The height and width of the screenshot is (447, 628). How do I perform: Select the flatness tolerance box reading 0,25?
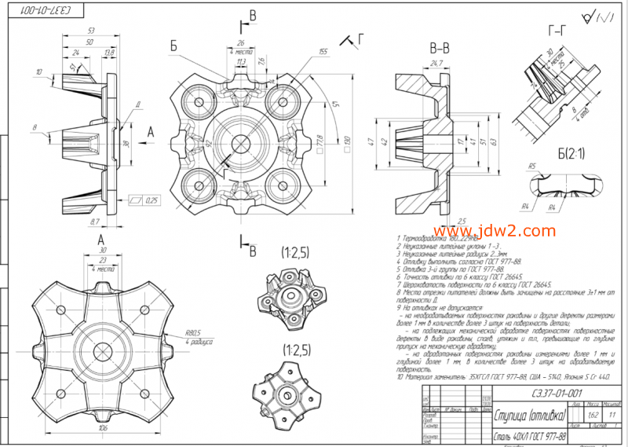point(145,200)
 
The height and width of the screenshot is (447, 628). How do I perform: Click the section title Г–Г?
point(556,31)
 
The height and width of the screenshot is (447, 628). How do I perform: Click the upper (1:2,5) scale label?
point(297,253)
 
